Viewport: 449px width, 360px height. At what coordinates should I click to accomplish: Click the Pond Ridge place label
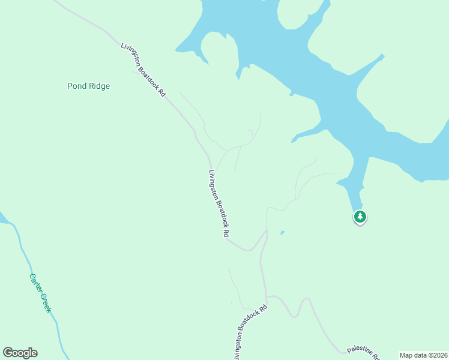[88, 86]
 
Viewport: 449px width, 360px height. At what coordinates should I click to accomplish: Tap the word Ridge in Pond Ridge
[98, 86]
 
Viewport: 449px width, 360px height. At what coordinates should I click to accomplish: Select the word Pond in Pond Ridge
[76, 86]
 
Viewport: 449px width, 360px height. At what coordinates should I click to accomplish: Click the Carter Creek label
[41, 293]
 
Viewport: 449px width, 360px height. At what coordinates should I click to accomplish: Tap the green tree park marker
[360, 217]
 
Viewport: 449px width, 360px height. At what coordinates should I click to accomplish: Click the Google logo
[20, 353]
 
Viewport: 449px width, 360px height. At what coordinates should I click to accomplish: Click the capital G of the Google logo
[8, 353]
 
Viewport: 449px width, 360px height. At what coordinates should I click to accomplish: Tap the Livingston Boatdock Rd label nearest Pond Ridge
[143, 71]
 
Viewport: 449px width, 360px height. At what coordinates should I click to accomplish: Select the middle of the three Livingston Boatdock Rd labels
[219, 203]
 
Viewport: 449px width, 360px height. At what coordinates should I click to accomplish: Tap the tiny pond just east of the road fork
[282, 233]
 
